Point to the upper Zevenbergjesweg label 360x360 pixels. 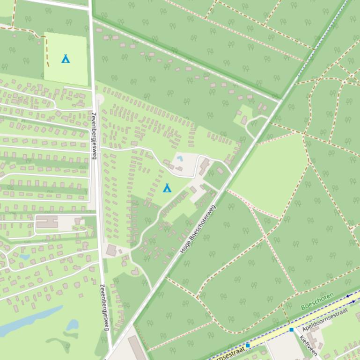[x=94, y=136]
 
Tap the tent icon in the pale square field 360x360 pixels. [x=66, y=58]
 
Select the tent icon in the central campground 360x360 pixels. [x=167, y=188]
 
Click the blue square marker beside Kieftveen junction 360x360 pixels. [x=291, y=330]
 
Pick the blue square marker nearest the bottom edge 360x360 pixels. [x=248, y=345]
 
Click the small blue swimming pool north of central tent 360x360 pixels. [x=180, y=158]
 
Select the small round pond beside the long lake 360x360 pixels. [x=72, y=324]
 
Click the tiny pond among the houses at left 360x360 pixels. [x=25, y=257]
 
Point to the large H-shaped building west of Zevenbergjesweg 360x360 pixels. [x=47, y=221]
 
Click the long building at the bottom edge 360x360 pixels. [x=138, y=348]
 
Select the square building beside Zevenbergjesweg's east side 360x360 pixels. [x=111, y=251]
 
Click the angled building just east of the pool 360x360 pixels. [x=204, y=166]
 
